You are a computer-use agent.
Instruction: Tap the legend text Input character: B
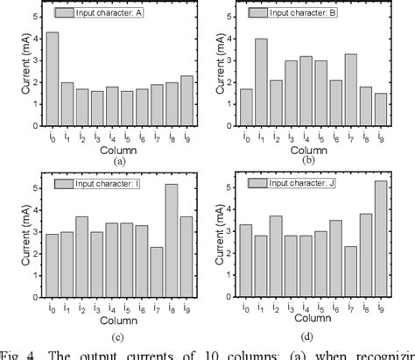(x=309, y=13)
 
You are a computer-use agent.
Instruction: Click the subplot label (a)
(x=118, y=161)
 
